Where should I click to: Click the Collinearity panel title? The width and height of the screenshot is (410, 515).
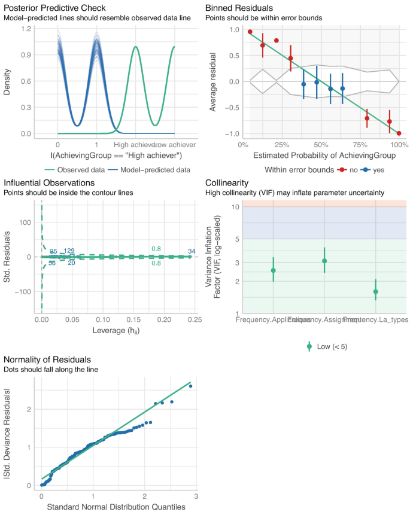(227, 182)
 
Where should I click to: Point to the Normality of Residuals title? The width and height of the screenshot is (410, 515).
(47, 359)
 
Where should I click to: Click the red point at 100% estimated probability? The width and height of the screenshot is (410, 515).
(399, 133)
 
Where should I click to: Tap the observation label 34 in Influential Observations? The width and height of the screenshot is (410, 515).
(192, 251)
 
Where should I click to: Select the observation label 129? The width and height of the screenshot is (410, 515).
(69, 251)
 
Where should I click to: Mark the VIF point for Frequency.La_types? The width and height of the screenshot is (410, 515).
(375, 292)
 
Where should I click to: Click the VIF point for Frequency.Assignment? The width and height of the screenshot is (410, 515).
(324, 261)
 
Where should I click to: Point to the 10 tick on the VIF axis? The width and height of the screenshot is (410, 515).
(220, 207)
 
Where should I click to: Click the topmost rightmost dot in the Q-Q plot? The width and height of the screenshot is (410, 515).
(190, 386)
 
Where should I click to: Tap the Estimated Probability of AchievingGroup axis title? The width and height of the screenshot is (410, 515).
(321, 156)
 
